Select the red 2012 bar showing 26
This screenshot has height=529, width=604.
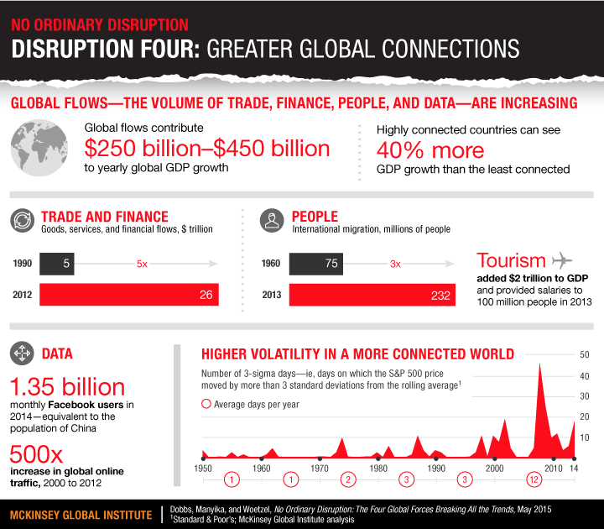coord(131,296)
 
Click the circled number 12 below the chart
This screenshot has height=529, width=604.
coord(534,480)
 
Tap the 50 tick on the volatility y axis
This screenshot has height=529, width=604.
coord(586,354)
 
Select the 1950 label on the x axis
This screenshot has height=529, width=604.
coord(203,468)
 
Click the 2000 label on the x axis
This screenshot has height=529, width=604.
coord(494,468)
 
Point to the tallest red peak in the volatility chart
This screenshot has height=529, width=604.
coord(539,365)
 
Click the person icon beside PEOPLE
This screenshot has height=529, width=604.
coord(272,221)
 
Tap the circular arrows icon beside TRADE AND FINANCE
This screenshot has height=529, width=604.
coord(21,221)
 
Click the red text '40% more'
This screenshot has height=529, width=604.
coord(430,150)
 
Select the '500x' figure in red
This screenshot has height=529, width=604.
coord(37,455)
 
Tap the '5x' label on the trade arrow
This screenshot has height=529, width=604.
coord(143,264)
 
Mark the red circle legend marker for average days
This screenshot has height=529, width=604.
coord(206,404)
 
